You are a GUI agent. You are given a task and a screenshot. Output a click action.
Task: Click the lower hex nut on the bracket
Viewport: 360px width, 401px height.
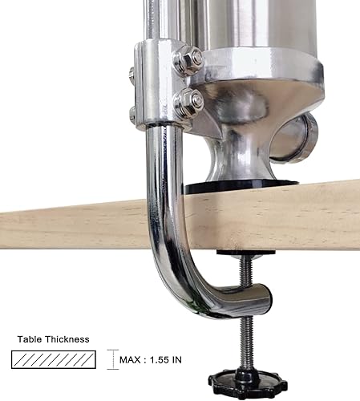coord(189,102)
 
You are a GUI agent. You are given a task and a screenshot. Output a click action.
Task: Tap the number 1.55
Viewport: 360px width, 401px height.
coord(164,359)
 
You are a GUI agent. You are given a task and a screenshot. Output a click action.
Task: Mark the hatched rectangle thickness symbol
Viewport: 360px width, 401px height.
coord(56,359)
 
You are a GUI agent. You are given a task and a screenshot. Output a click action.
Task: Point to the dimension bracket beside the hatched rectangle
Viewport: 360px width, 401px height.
coord(111,359)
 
